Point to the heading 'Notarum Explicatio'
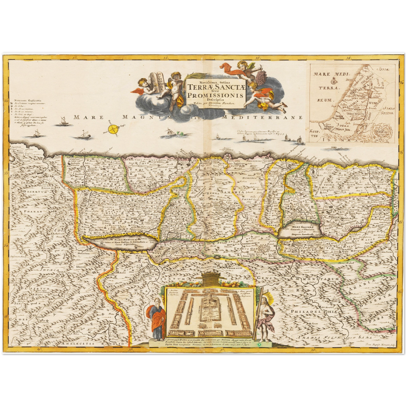[28, 100]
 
